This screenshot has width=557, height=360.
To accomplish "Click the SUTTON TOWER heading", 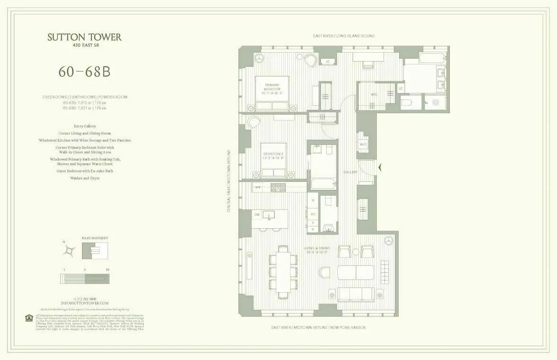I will click(x=84, y=37).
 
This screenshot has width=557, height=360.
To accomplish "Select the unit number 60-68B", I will click(x=84, y=71).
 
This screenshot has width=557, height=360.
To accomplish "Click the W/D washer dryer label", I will click(x=363, y=144).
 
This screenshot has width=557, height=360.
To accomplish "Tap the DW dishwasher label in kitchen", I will click(x=256, y=215).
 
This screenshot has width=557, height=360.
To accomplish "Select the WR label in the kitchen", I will click(x=258, y=188).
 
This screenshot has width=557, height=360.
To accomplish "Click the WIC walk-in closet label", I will click(x=374, y=94).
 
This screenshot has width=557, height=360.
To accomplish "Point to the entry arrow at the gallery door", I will click(x=379, y=166).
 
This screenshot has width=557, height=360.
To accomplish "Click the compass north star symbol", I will click(x=70, y=250).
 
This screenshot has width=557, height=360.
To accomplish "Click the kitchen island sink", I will click(x=269, y=216).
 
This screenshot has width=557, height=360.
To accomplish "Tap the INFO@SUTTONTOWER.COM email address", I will click(x=84, y=303).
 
